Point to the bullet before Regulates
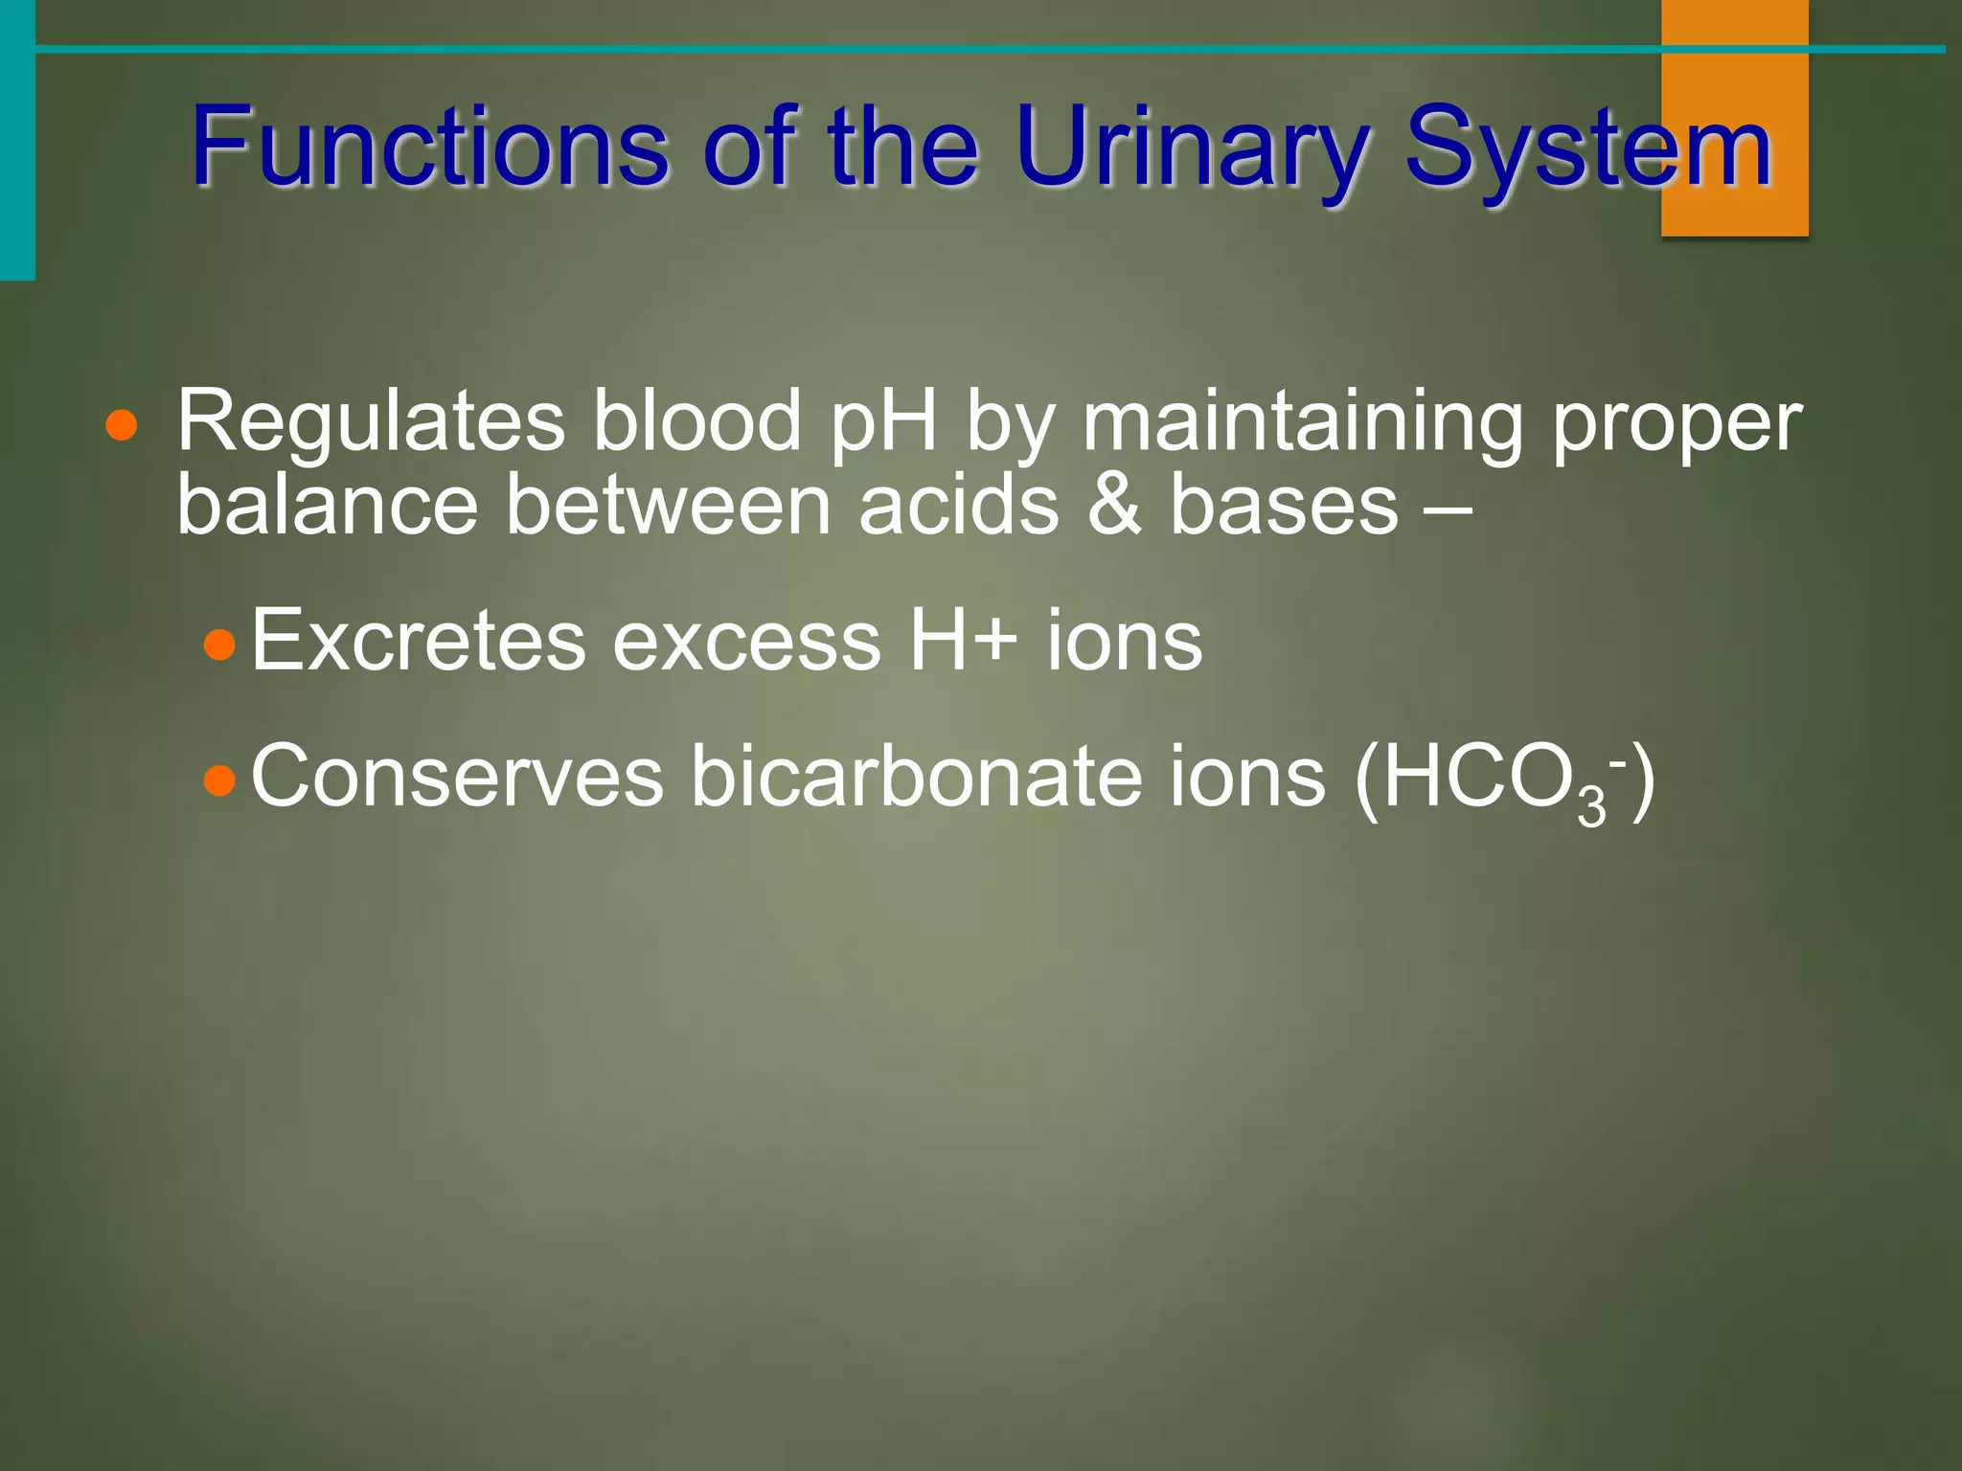pyautogui.click(x=122, y=425)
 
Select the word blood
pyautogui.click(x=696, y=421)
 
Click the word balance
pyautogui.click(x=327, y=505)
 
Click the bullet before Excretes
pyautogui.click(x=220, y=645)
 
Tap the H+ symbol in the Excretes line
pyautogui.click(x=962, y=640)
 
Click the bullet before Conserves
pyautogui.click(x=220, y=781)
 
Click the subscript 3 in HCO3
pyautogui.click(x=1591, y=807)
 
